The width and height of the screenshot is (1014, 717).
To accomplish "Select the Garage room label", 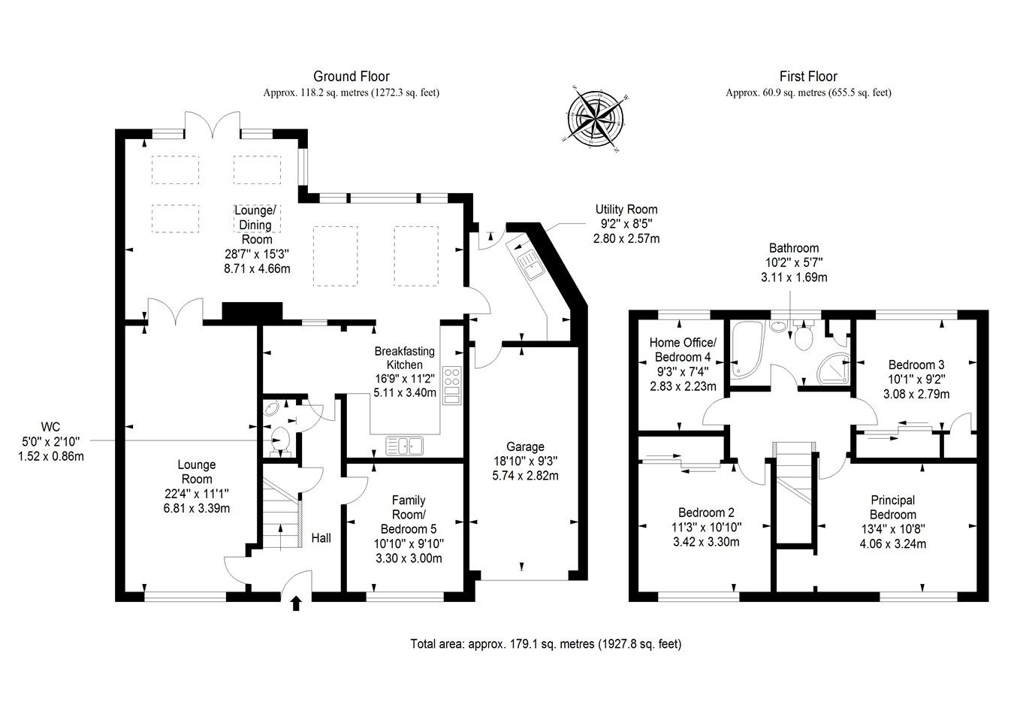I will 525,447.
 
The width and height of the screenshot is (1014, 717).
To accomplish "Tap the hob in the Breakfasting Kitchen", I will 451,386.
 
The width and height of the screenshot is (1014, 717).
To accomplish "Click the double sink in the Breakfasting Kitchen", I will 405,446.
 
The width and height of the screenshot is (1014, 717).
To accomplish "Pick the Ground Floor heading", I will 351,76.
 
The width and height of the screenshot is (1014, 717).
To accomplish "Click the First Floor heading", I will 808,76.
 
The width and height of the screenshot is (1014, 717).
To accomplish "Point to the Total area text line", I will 546,644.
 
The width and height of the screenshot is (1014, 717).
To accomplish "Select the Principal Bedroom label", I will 892,507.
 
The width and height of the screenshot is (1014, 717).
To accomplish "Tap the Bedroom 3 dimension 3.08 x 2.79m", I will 916,394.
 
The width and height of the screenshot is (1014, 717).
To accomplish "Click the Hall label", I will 321,538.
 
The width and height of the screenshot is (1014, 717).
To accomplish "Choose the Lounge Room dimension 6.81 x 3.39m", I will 198,508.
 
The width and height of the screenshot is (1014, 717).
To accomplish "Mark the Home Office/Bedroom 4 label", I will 682,349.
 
